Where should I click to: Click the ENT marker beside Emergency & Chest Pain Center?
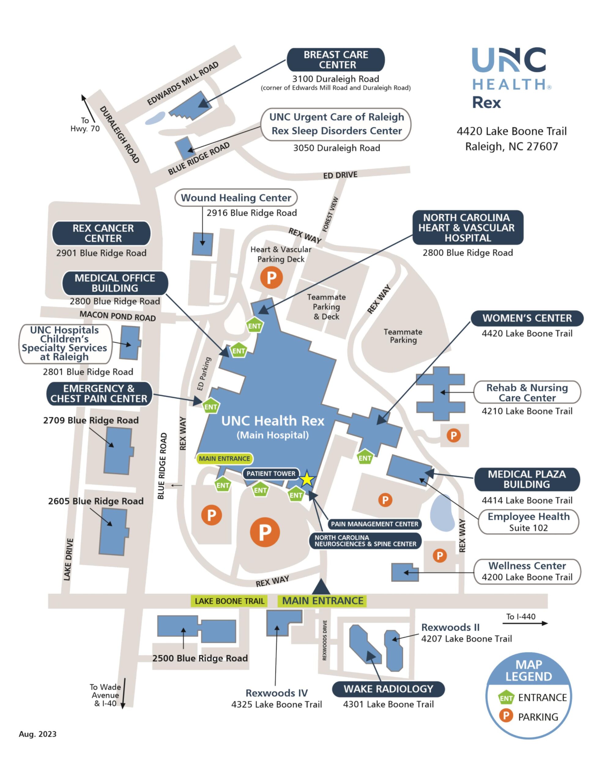210,406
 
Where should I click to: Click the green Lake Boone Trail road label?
229,601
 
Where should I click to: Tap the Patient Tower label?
271,473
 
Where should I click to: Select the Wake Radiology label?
388,689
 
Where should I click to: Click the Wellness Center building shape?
404,572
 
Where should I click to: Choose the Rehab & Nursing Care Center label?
526,393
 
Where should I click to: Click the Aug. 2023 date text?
38,734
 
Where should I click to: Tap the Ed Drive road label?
340,175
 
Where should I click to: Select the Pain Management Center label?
374,524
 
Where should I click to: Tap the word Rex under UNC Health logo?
486,103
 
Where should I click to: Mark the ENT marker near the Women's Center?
365,458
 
